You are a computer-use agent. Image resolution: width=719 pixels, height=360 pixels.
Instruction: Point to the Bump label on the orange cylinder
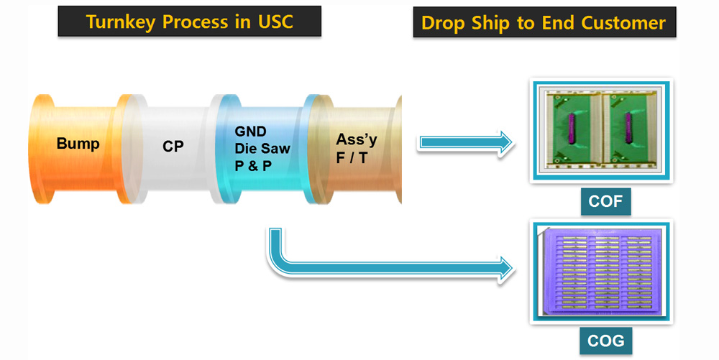[x=78, y=144]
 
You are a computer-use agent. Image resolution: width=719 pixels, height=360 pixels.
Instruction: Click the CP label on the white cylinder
[x=173, y=147]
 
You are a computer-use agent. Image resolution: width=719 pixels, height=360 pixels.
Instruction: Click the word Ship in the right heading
[x=495, y=23]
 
